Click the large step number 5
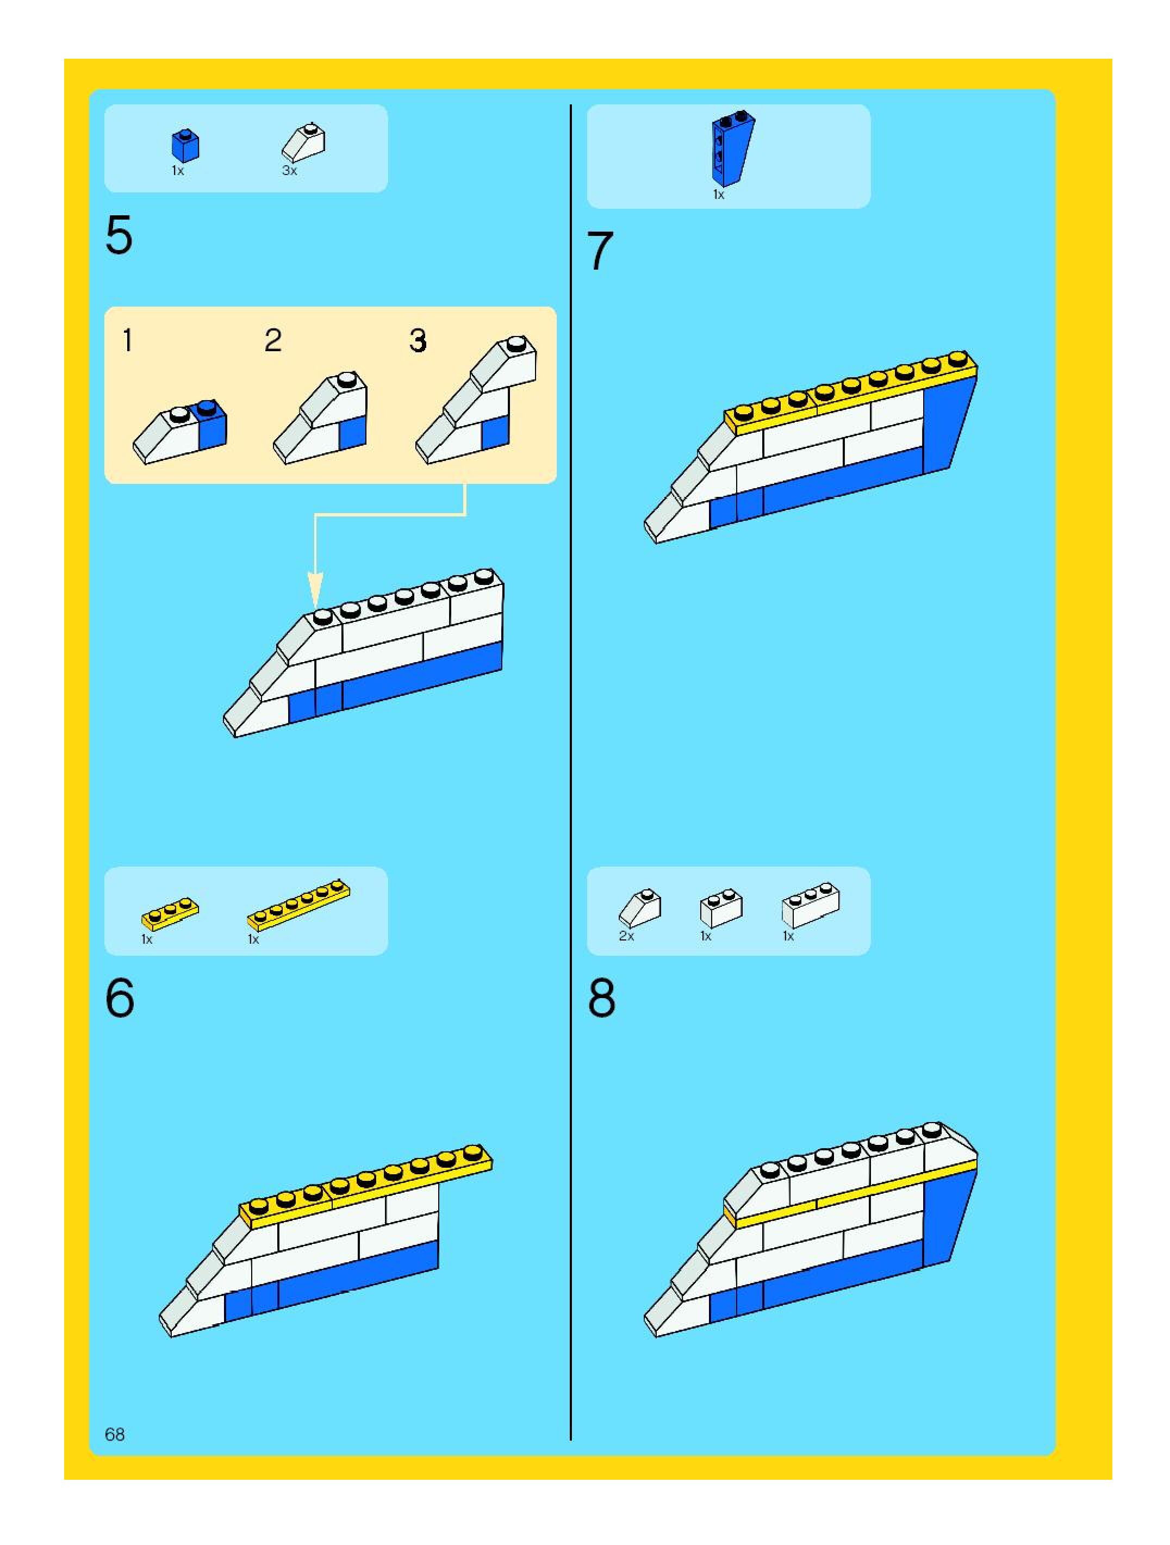click(x=119, y=235)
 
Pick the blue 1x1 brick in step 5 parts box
click(x=185, y=145)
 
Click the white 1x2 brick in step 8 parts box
click(x=721, y=908)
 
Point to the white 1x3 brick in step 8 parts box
click(x=810, y=905)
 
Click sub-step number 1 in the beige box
click(x=127, y=341)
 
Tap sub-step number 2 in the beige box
click(x=273, y=341)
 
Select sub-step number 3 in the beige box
click(x=418, y=341)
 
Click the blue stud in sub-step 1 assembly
click(x=207, y=408)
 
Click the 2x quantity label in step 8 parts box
click(x=626, y=936)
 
